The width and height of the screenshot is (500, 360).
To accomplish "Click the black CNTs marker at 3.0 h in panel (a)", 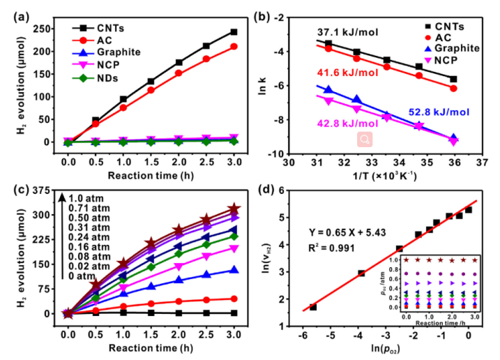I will point(234,32).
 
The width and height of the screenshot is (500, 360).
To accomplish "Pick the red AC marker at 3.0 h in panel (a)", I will point(234,47).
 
